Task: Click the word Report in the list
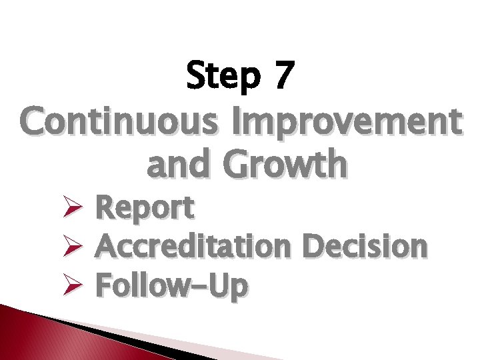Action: tap(145, 209)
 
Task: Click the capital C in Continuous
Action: tap(35, 121)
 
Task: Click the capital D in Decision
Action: tap(313, 246)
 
